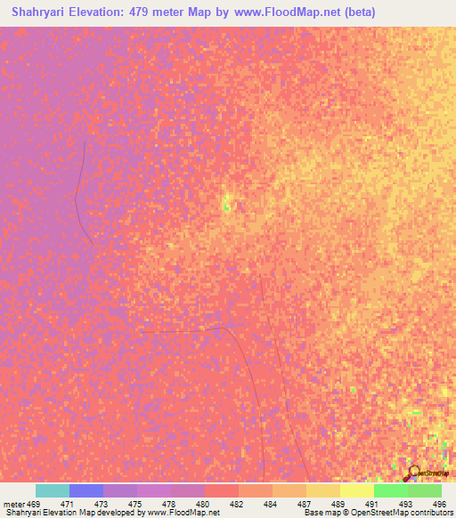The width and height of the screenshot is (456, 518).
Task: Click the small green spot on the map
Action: point(225,207)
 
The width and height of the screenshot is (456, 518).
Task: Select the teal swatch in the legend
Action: point(53,490)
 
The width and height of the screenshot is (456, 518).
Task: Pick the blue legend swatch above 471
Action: point(86,490)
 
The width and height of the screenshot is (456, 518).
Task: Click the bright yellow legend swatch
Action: point(357,490)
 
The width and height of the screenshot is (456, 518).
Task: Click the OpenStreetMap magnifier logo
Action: point(412,472)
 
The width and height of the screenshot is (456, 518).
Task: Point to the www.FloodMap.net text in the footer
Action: point(179,513)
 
